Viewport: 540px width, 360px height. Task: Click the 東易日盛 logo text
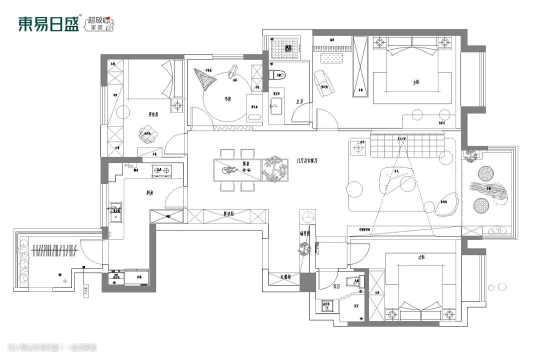coord(49,24)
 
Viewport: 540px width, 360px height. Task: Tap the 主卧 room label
coord(416,81)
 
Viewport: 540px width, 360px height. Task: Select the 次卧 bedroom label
coord(421,258)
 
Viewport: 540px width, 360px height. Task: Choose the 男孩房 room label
coord(153,114)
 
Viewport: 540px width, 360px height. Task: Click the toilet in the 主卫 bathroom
coord(278,76)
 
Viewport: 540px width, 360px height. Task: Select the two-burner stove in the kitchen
coord(162,170)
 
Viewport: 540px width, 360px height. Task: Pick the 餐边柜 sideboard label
coord(228,214)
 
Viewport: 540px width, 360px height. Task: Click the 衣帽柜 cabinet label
coord(285,276)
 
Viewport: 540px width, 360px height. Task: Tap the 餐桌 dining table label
coord(246,163)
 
